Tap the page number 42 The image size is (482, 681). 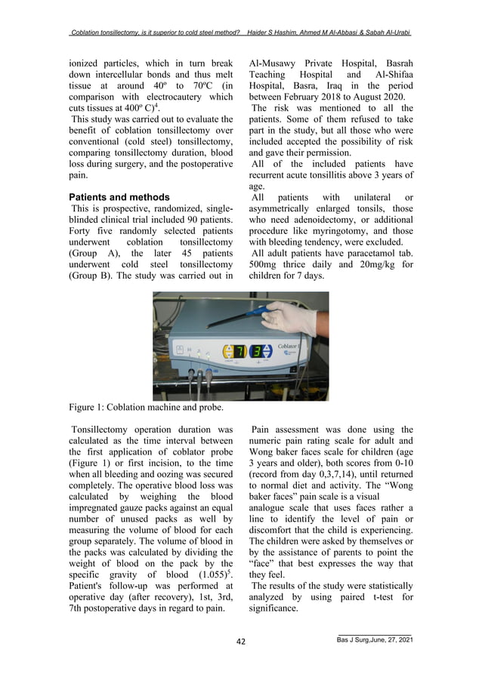tap(241, 642)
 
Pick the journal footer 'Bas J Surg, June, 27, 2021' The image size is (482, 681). tap(374, 641)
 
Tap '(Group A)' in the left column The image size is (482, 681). tap(88, 254)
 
